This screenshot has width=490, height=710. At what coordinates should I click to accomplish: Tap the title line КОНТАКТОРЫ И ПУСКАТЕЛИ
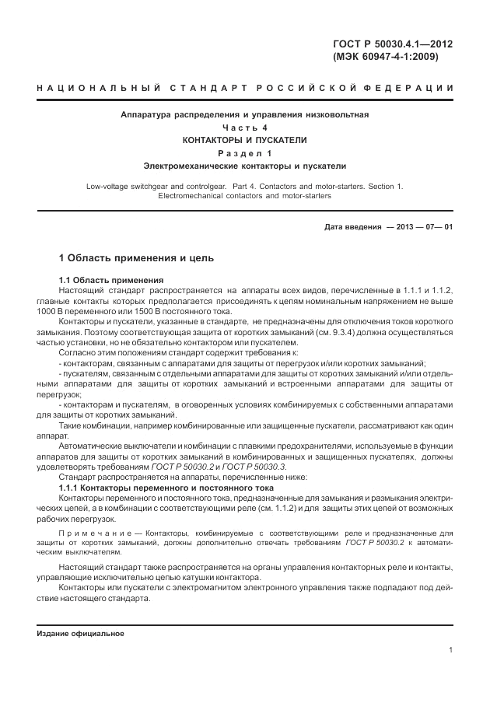point(245,140)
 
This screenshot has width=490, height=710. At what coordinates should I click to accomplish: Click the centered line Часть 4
point(245,127)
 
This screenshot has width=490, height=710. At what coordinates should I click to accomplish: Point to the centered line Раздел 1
point(245,153)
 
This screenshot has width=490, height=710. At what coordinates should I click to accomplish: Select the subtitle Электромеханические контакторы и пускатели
point(245,166)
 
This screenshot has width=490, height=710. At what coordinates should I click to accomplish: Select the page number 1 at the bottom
point(450,650)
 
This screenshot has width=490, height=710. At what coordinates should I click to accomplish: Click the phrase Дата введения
point(348,227)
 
